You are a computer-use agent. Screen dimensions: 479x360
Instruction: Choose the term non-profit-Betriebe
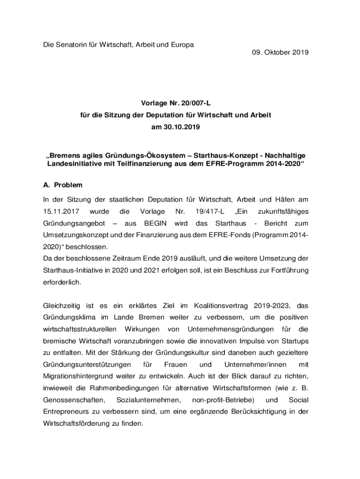223,400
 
